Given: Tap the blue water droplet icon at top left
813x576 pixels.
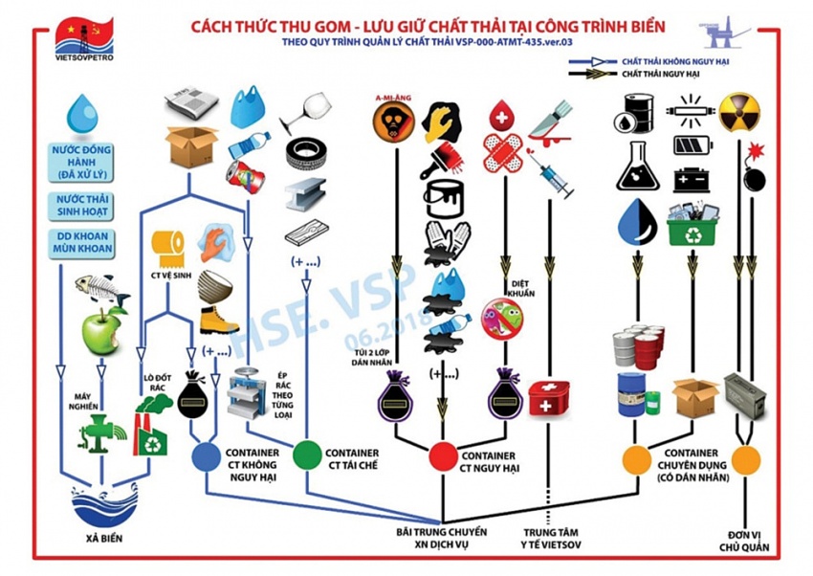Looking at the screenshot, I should pyautogui.click(x=82, y=113).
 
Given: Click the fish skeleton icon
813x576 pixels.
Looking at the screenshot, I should pyautogui.click(x=101, y=288).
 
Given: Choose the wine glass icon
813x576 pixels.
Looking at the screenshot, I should pyautogui.click(x=303, y=112).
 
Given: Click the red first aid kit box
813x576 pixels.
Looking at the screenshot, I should pyautogui.click(x=549, y=397).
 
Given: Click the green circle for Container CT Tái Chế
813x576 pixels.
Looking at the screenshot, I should pyautogui.click(x=306, y=454).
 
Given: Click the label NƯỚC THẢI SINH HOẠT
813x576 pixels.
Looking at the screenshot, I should pyautogui.click(x=82, y=204).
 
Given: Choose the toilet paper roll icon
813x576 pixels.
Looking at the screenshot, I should pyautogui.click(x=171, y=247).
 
